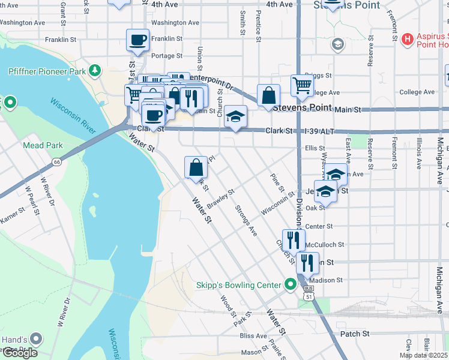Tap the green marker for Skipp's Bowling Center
(291, 284)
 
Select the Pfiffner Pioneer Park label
(47, 71)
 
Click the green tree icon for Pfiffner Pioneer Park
(94, 71)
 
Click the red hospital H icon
(408, 40)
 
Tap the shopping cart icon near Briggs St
(301, 85)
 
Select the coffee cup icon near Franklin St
(137, 40)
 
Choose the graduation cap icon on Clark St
(236, 116)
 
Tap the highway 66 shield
(56, 161)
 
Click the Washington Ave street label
(175, 23)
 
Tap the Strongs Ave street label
(246, 220)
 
